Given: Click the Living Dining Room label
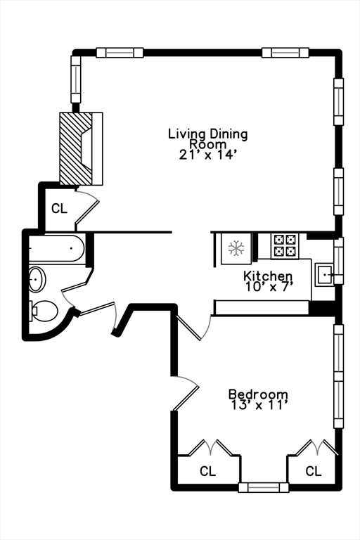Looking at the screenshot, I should [x=207, y=138].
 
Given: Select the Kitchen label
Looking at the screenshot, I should [x=268, y=276].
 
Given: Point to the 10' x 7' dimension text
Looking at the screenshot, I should [x=269, y=286].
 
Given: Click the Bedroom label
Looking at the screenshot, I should [x=258, y=394].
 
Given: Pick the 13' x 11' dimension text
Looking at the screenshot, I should [x=258, y=406].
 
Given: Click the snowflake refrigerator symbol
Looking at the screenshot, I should [x=236, y=249].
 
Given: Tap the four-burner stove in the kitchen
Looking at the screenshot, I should [x=285, y=245].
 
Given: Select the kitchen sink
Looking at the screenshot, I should [x=325, y=274].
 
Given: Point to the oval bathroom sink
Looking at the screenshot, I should [x=37, y=280].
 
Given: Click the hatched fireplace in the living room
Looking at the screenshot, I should [x=75, y=148].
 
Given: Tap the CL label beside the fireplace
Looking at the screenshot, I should [x=60, y=208].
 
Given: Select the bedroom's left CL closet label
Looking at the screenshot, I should [x=207, y=471].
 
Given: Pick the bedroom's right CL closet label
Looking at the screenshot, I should [x=313, y=471].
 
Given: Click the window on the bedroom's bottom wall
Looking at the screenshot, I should [x=264, y=487].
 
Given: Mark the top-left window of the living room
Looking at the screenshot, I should [x=120, y=52].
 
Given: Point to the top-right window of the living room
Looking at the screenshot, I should [x=285, y=52].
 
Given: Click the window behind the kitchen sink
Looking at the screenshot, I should [x=339, y=261].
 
